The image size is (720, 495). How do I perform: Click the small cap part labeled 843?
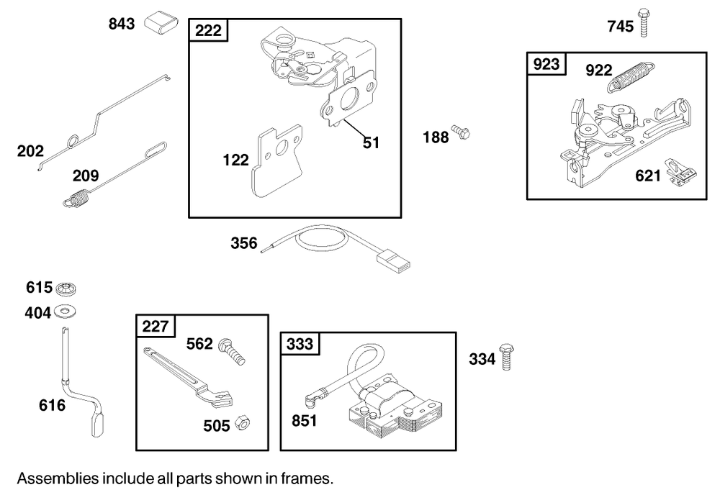tap(161, 23)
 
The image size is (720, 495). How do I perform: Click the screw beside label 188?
tap(460, 133)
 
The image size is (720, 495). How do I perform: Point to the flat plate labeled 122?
tap(277, 165)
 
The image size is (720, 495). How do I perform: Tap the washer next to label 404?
tap(66, 312)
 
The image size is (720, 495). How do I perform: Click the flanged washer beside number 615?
tap(66, 288)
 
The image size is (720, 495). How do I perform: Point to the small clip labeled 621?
tap(681, 173)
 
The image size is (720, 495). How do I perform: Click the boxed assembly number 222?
tap(208, 30)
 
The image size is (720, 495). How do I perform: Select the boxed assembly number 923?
tap(546, 64)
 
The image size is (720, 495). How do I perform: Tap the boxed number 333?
tap(300, 344)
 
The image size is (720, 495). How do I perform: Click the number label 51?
tap(370, 142)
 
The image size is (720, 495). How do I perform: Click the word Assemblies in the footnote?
tap(54, 478)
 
